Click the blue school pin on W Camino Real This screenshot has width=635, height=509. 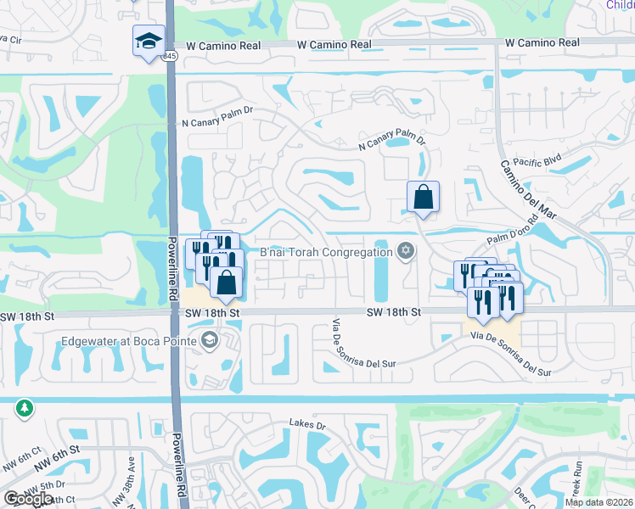148,40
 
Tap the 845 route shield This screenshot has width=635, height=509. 171,55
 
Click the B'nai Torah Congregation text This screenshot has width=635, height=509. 325,252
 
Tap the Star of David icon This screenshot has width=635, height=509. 406,250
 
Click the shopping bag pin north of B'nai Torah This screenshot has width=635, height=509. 423,198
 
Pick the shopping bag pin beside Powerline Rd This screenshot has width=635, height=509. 227,282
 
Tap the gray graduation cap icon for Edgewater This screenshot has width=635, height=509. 210,341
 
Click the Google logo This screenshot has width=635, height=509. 28,499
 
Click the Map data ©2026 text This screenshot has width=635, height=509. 598,501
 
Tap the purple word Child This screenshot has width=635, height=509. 620,5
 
